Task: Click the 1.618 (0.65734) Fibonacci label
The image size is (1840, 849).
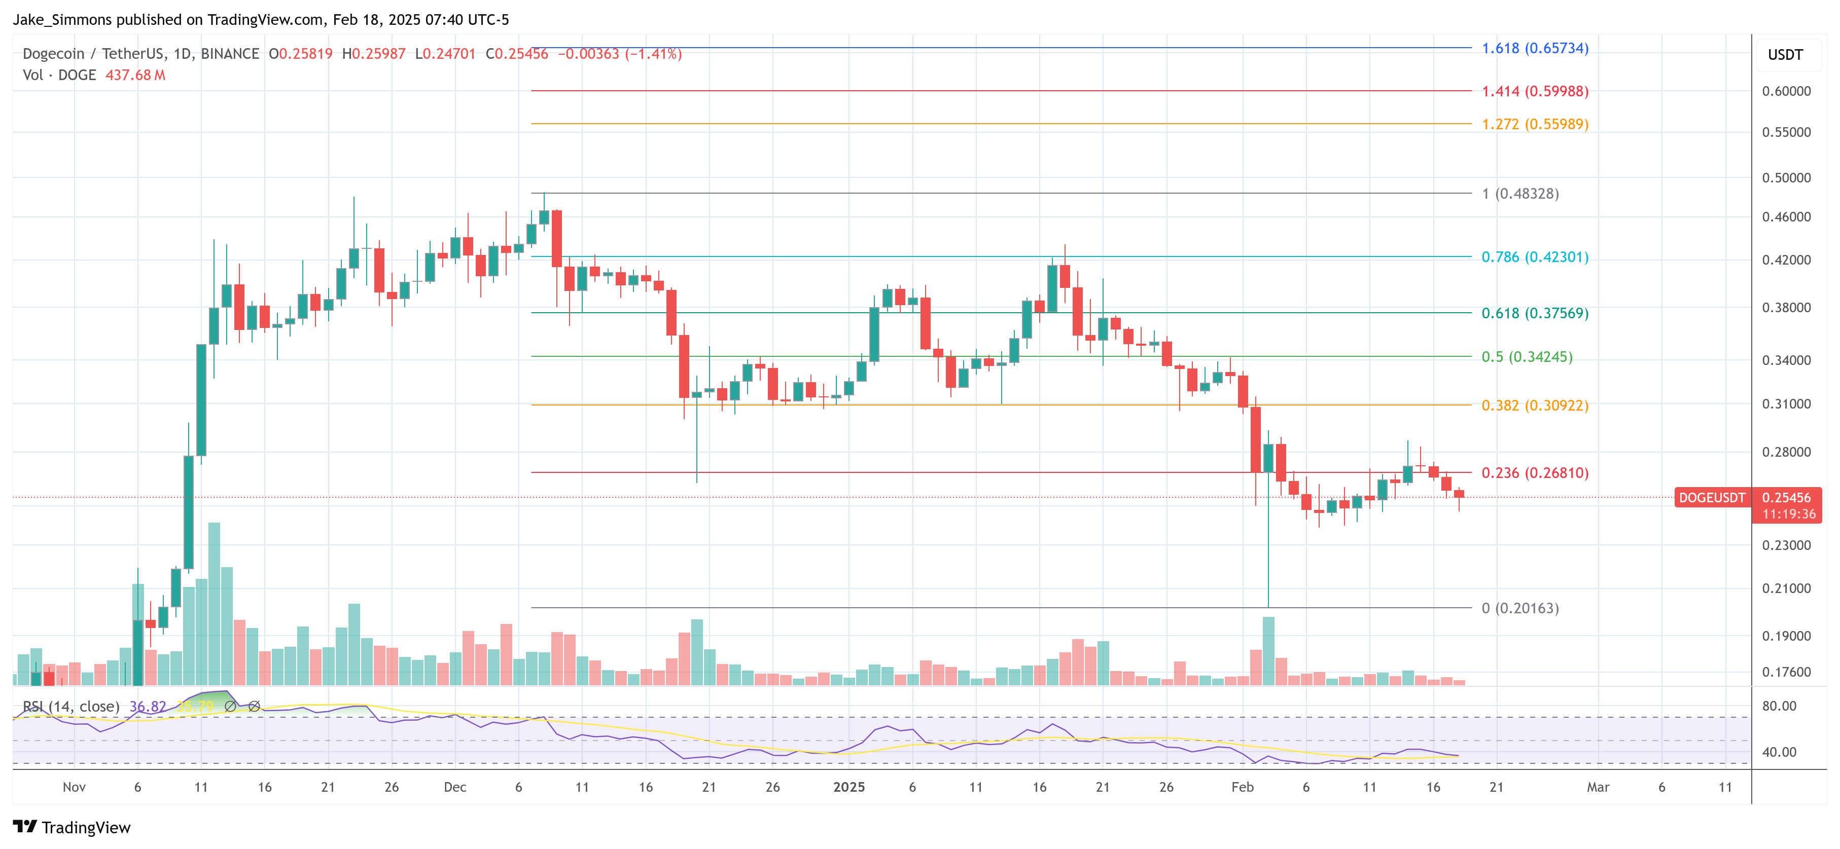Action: coord(1534,49)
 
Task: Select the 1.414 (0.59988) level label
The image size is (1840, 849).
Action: coord(1534,91)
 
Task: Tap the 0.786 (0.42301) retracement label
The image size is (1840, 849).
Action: coord(1534,257)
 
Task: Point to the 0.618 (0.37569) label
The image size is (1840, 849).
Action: coord(1534,313)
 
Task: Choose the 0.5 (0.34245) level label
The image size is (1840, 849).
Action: coord(1527,357)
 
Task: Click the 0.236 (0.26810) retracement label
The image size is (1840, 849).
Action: coord(1534,473)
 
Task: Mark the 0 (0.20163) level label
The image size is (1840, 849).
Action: coord(1519,608)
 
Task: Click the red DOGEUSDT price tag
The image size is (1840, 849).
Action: coord(1711,498)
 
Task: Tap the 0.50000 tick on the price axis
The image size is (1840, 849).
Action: coord(1786,178)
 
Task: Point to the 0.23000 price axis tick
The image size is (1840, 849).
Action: coord(1786,545)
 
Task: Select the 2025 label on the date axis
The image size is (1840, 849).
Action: coord(848,787)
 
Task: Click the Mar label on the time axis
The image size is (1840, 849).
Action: coord(1598,787)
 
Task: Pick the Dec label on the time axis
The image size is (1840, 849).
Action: coord(455,787)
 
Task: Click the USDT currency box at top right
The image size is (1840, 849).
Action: coord(1785,55)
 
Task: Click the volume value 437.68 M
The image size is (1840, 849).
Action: coord(135,75)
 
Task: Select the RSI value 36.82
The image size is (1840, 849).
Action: coord(147,706)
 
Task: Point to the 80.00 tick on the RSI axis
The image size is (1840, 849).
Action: coord(1779,706)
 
